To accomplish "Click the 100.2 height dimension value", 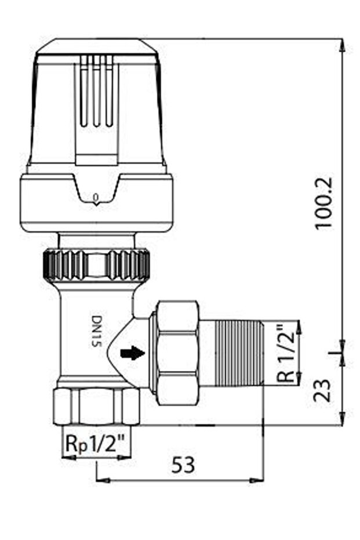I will point(325,202).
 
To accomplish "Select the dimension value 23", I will point(325,390).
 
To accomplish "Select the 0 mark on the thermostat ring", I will point(96,197).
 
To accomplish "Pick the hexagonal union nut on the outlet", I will point(177,352).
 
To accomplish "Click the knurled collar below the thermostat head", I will point(96,264).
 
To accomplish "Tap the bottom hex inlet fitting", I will point(96,406).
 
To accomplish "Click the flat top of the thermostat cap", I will point(96,42).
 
